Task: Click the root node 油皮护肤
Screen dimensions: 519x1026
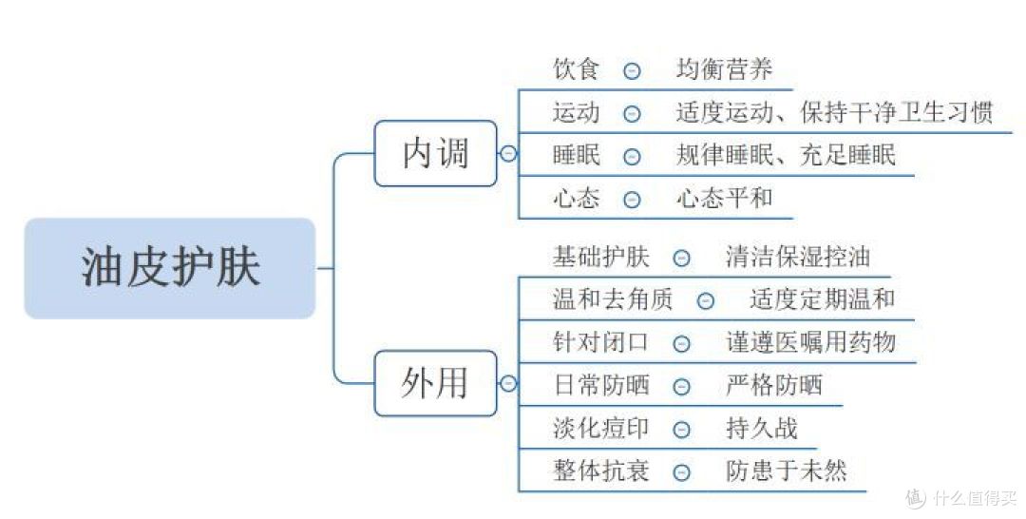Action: point(169,269)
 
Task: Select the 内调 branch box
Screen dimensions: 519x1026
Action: point(435,153)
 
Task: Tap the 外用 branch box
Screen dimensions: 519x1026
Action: point(435,383)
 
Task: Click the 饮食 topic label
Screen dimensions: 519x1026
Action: point(577,69)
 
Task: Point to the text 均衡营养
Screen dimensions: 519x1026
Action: point(725,69)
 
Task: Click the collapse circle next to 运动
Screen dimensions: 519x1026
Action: point(632,113)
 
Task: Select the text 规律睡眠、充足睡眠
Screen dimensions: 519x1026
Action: point(786,155)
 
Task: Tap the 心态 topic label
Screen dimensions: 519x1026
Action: point(577,199)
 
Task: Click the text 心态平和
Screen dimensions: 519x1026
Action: point(725,199)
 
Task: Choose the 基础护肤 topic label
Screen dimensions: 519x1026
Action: point(600,257)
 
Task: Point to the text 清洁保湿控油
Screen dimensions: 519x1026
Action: point(798,257)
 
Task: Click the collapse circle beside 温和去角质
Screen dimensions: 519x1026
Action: point(705,300)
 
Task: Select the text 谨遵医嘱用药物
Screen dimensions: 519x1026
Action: point(810,342)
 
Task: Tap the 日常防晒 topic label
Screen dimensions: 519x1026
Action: point(600,386)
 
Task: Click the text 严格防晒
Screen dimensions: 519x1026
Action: point(774,386)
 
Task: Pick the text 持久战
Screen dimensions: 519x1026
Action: point(762,429)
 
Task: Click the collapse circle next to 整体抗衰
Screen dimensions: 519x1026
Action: point(681,472)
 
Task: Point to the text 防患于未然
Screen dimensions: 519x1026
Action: point(786,471)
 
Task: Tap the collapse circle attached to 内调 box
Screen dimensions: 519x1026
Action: point(508,153)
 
